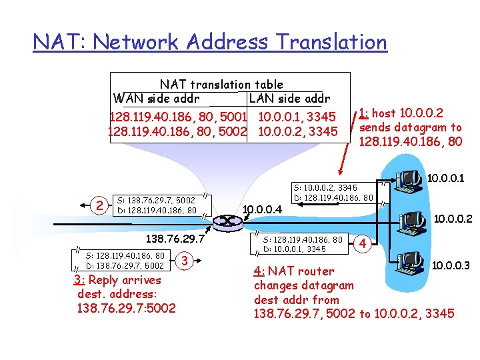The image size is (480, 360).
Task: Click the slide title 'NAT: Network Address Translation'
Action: tap(210, 42)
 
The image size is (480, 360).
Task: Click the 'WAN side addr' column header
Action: tap(157, 99)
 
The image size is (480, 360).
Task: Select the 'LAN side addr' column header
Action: tap(289, 99)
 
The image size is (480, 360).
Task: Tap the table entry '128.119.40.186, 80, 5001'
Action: tap(175, 117)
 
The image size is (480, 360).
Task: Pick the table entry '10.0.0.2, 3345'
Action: tap(298, 131)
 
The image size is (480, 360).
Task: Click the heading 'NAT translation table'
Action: tap(221, 84)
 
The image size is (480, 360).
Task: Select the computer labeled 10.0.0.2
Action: tap(411, 221)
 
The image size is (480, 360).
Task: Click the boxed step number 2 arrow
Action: tap(99, 205)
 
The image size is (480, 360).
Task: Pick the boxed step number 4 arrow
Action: tap(363, 244)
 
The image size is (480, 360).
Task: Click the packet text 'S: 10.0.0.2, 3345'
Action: tap(327, 188)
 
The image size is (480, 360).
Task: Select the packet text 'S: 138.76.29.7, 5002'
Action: tap(156, 200)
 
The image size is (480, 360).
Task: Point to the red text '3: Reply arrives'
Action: tap(117, 280)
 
